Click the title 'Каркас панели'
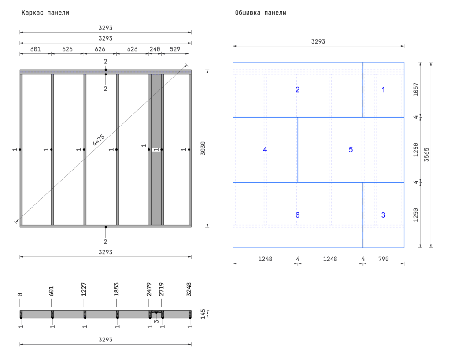pyautogui.click(x=45, y=13)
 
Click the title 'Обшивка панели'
pyautogui.click(x=261, y=13)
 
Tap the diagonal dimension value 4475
pyautogui.click(x=99, y=140)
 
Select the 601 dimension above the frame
pyautogui.click(x=36, y=49)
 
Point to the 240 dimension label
pyautogui.click(x=155, y=49)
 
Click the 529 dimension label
pyautogui.click(x=175, y=49)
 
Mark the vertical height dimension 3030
pyautogui.click(x=203, y=148)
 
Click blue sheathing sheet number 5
pyautogui.click(x=351, y=150)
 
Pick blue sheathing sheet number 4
pyautogui.click(x=265, y=150)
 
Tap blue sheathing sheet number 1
pyautogui.click(x=383, y=90)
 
